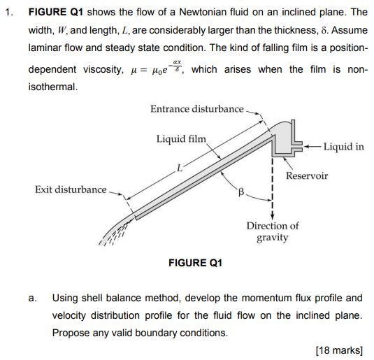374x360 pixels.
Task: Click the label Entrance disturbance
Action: pyautogui.click(x=196, y=108)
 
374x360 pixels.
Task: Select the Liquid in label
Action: pyautogui.click(x=343, y=147)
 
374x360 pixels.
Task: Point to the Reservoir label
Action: pyautogui.click(x=306, y=176)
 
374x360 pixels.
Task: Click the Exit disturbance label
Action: pyautogui.click(x=71, y=189)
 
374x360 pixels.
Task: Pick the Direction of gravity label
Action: pyautogui.click(x=272, y=231)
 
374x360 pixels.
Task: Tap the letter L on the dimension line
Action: pyautogui.click(x=179, y=167)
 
